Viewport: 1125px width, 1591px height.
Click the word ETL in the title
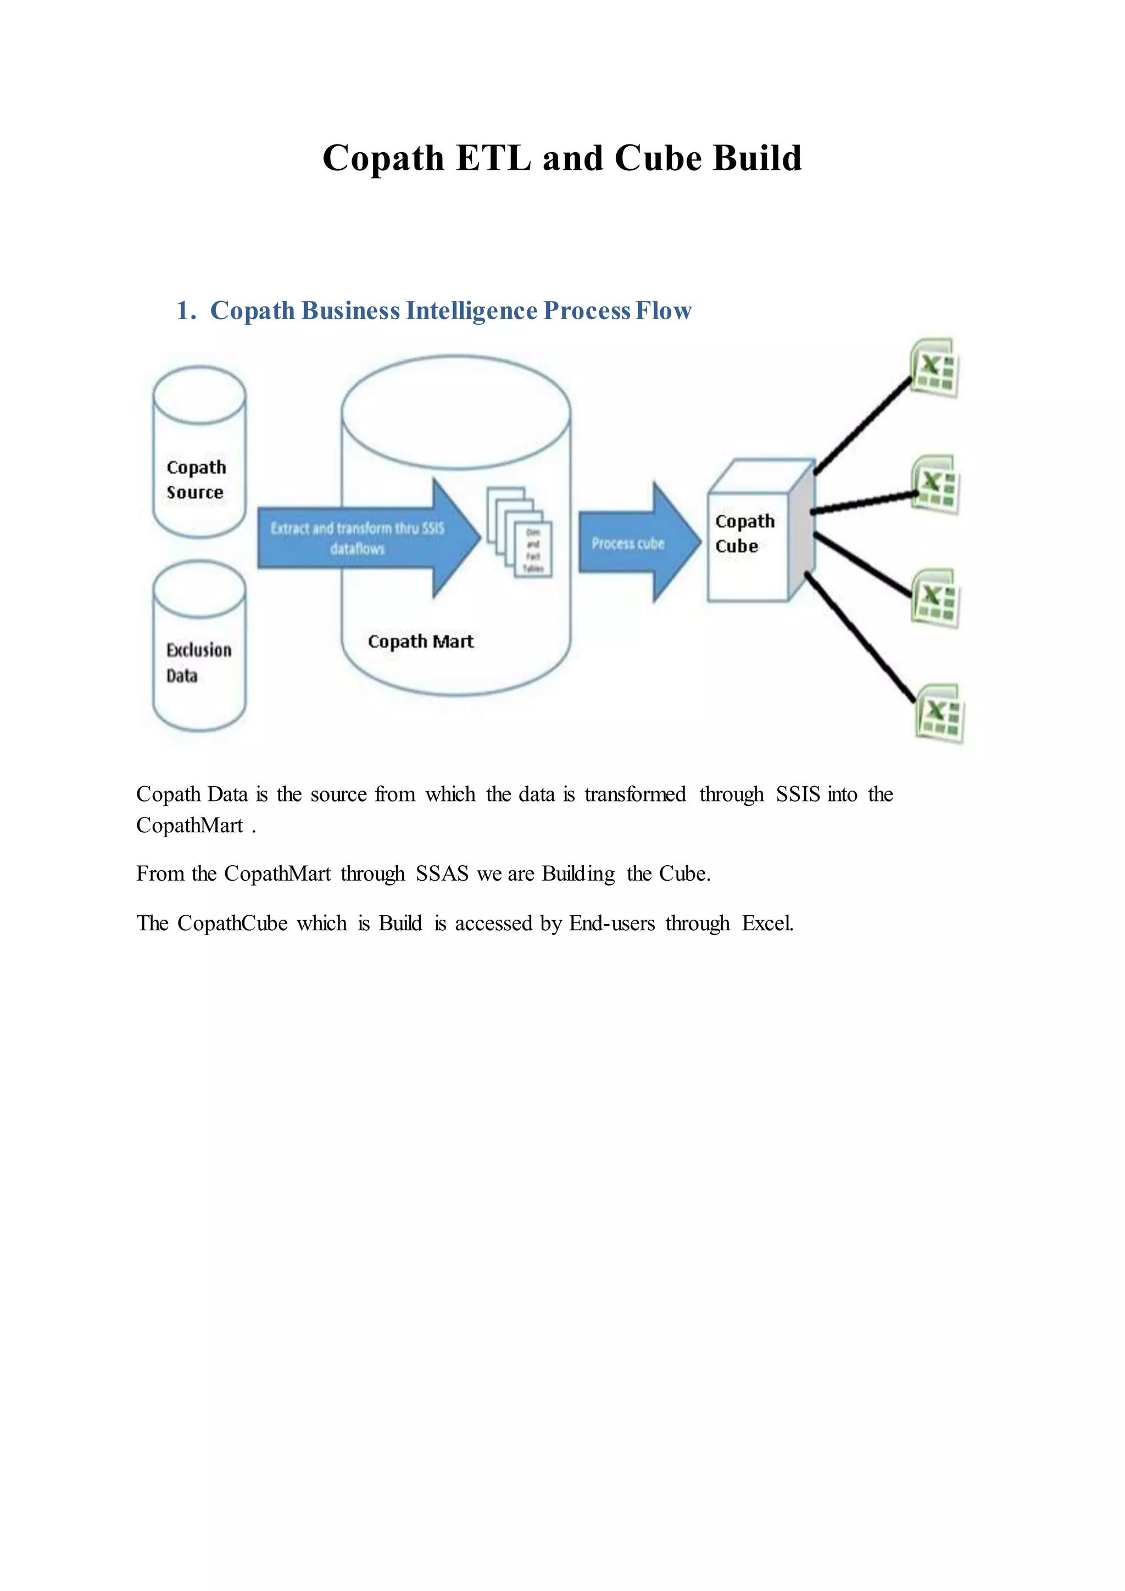(x=493, y=159)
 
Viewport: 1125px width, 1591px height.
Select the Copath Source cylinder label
(x=196, y=480)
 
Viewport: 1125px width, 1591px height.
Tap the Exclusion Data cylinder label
(x=198, y=663)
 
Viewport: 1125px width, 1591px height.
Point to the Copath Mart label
(x=420, y=642)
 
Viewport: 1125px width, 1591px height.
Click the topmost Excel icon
(x=934, y=368)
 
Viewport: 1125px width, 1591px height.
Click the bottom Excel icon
(x=940, y=713)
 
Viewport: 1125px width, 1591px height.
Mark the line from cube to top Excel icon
(x=862, y=426)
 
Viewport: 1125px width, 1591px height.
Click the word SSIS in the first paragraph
(x=798, y=794)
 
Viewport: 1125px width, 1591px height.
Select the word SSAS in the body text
(x=442, y=874)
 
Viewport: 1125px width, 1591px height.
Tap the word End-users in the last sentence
(x=612, y=924)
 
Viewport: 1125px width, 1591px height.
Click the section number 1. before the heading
(x=186, y=311)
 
